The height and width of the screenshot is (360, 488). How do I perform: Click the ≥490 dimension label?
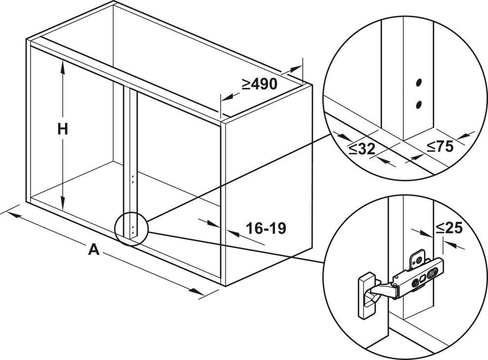click(x=260, y=84)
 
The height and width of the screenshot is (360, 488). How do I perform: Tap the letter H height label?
click(x=63, y=129)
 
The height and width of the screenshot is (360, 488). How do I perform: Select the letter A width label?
click(x=94, y=250)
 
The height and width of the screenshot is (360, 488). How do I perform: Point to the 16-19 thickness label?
click(x=266, y=228)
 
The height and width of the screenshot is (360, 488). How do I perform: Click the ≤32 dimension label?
click(x=362, y=150)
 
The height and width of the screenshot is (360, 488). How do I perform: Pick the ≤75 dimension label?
click(x=440, y=146)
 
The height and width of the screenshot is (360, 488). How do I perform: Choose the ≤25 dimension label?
click(x=449, y=228)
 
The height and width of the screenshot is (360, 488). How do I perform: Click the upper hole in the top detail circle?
click(x=419, y=82)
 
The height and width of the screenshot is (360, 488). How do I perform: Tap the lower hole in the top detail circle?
click(x=418, y=105)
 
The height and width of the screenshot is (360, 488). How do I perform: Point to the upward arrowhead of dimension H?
click(x=63, y=67)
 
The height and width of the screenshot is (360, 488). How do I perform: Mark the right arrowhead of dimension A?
click(x=197, y=292)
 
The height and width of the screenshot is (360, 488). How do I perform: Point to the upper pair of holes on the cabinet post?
click(x=133, y=179)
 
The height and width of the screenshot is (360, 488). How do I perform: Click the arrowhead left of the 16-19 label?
click(x=213, y=223)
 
